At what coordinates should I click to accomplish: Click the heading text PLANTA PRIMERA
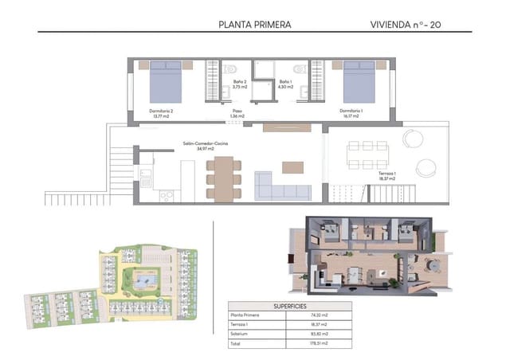[x=254, y=25]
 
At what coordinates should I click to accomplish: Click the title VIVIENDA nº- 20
[x=407, y=25]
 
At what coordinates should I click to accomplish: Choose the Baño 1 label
[x=285, y=83]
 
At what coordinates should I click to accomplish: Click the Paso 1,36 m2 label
[x=236, y=114]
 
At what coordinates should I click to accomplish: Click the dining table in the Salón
[x=224, y=176]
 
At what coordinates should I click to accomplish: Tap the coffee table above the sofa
[x=292, y=166]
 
